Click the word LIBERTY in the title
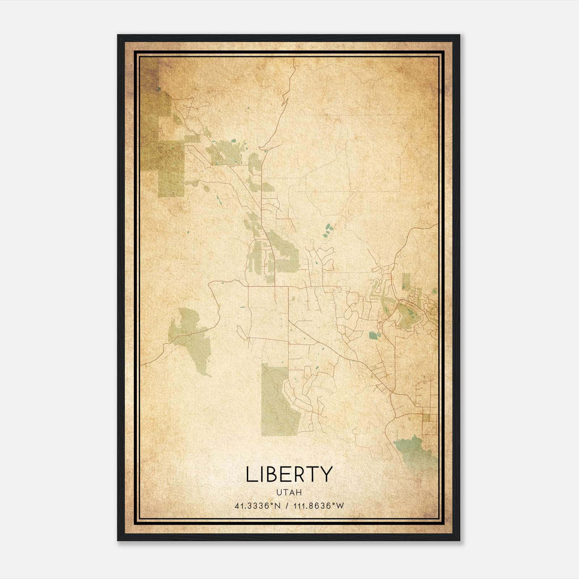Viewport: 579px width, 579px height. point(289,474)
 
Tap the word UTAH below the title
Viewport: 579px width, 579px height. point(289,493)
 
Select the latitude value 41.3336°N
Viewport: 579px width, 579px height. point(258,506)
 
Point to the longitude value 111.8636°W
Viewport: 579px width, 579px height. point(319,506)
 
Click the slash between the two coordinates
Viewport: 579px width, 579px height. point(287,506)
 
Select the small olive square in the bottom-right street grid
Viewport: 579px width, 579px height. point(427,418)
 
